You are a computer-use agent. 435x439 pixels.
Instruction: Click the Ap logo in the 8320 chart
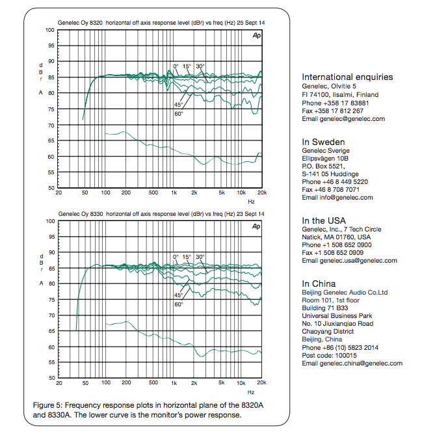tap(256, 36)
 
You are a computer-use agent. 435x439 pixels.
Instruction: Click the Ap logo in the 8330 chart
tap(256, 226)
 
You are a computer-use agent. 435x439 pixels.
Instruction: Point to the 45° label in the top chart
tap(178, 104)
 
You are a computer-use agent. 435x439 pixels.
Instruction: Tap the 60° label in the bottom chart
tap(178, 304)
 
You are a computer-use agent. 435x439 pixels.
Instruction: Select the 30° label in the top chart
tap(200, 66)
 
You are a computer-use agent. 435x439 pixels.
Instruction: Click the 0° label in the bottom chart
tap(176, 257)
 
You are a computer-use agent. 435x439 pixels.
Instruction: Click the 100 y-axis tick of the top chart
tap(50, 31)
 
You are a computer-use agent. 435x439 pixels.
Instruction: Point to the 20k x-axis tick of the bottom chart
tap(261, 382)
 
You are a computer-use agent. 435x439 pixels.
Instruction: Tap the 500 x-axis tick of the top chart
tap(153, 193)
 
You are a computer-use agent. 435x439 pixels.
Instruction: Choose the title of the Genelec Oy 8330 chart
tap(160, 213)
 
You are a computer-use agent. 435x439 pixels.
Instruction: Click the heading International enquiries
tap(347, 77)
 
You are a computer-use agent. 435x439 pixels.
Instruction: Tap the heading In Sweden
tap(323, 142)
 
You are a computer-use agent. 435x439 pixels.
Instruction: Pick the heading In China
tap(321, 284)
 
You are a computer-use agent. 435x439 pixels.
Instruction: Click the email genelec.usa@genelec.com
tap(349, 260)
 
